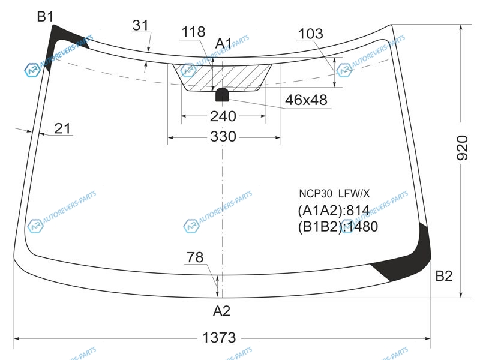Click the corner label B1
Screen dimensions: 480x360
coord(45,17)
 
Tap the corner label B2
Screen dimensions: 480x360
coord(443,276)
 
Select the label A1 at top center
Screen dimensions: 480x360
coord(223,43)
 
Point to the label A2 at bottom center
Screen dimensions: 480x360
coord(221,311)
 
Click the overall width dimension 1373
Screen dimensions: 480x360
coord(219,338)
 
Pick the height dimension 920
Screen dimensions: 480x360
coord(462,148)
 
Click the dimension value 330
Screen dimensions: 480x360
coord(223,136)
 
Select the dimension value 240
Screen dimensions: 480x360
coord(223,116)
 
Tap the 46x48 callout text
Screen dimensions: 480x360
coord(306,100)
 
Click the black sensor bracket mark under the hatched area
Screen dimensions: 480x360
coord(222,95)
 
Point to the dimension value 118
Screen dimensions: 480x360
coord(193,32)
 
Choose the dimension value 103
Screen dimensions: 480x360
coord(310,34)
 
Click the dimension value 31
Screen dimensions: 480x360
coord(140,25)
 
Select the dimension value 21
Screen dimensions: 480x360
coord(62,128)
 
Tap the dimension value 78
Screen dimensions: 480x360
coord(195,257)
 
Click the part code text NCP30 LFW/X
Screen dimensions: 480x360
coord(334,193)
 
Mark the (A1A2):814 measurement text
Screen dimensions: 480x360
coord(334,211)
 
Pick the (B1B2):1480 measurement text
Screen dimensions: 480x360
coord(338,227)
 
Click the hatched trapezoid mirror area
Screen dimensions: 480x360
coord(222,77)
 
